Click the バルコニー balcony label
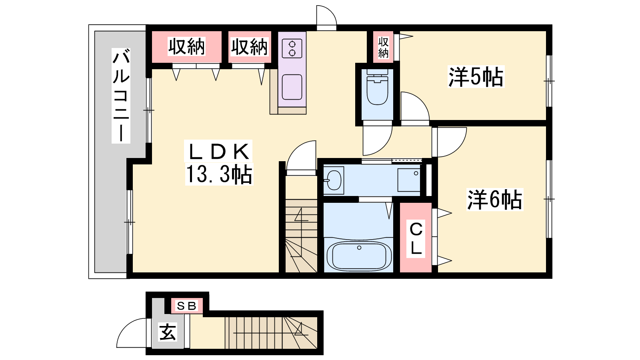[121, 96]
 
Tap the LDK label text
[218, 152]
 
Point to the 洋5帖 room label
[476, 77]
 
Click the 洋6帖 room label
[494, 200]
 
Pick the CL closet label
[416, 239]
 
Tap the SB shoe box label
[186, 306]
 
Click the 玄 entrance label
[168, 332]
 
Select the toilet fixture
[377, 87]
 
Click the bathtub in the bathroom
[359, 256]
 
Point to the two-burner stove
[292, 48]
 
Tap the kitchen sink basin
[292, 87]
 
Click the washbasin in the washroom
[334, 180]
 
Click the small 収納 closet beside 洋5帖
[383, 48]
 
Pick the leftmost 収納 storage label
[186, 46]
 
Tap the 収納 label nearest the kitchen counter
[250, 47]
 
